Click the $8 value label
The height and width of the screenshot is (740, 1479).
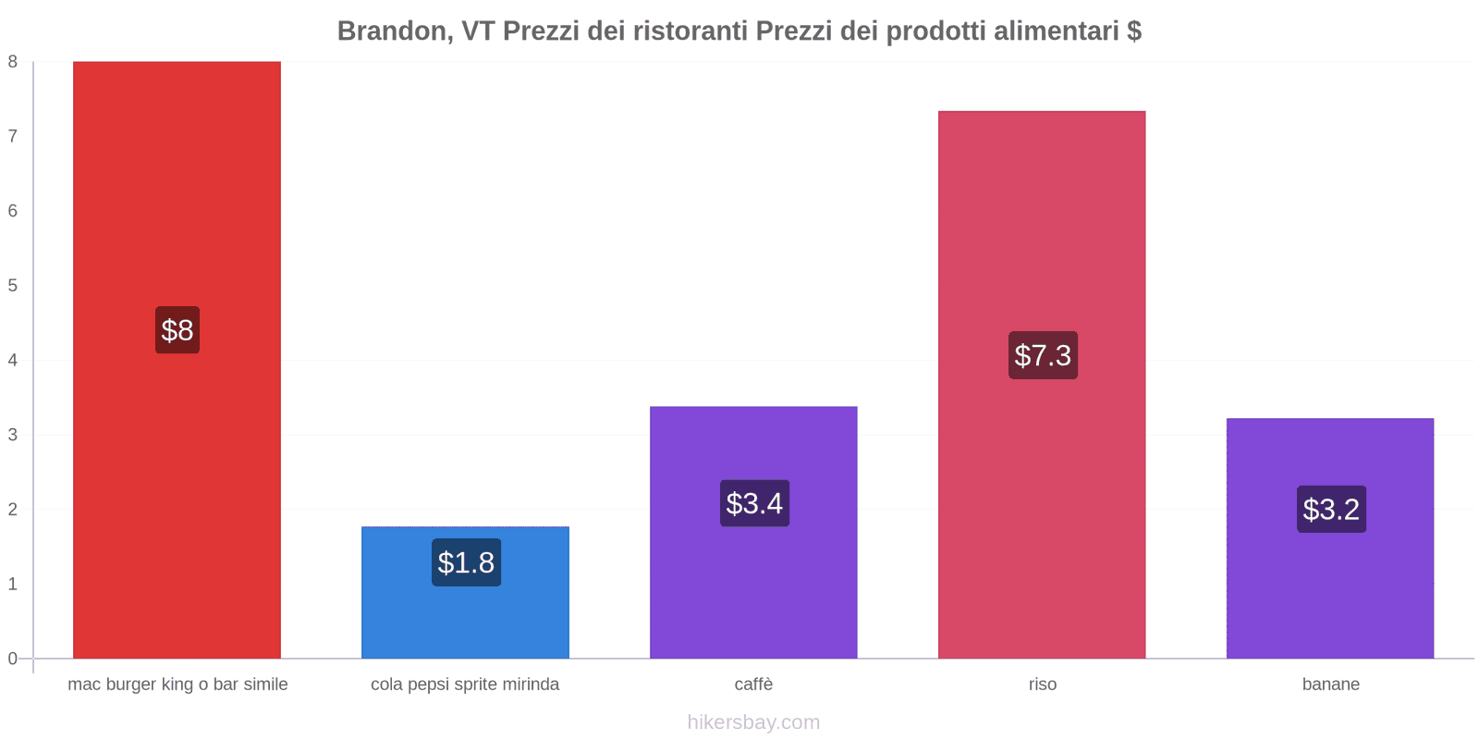point(177,330)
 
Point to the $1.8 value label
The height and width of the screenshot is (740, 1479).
point(466,562)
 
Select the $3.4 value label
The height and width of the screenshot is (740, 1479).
point(754,503)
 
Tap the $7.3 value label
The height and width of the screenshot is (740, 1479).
point(1043,355)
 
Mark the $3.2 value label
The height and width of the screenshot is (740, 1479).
point(1331,509)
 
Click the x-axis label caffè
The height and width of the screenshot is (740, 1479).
point(753,684)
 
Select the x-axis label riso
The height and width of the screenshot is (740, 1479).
point(1043,684)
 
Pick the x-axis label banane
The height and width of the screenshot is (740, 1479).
point(1330,684)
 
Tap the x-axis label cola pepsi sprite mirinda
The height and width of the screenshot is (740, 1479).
point(465,684)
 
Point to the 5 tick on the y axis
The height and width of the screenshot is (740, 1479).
point(13,286)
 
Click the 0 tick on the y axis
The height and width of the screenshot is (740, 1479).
point(13,659)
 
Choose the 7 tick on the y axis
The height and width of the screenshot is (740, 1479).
point(13,136)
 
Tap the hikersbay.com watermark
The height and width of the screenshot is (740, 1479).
point(753,722)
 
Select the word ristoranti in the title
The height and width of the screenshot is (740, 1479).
point(690,31)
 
